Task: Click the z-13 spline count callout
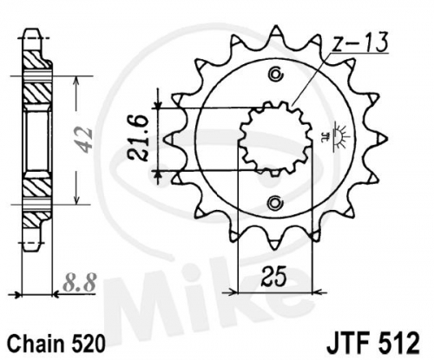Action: (x=358, y=43)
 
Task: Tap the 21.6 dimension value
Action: (x=138, y=137)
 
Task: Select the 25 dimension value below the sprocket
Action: (x=274, y=276)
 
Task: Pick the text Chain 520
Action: (x=56, y=344)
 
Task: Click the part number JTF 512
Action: (x=372, y=343)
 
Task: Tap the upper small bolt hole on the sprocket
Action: (x=275, y=75)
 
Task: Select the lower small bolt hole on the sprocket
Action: (x=275, y=202)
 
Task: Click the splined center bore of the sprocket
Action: (x=275, y=138)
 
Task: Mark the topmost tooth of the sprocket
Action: (x=275, y=33)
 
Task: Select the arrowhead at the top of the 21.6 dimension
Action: (x=158, y=103)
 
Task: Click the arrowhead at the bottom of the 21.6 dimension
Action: (x=158, y=175)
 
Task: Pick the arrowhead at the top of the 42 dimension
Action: (x=76, y=82)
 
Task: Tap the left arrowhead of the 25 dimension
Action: (x=233, y=292)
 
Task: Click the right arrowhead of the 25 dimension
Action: (x=318, y=292)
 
